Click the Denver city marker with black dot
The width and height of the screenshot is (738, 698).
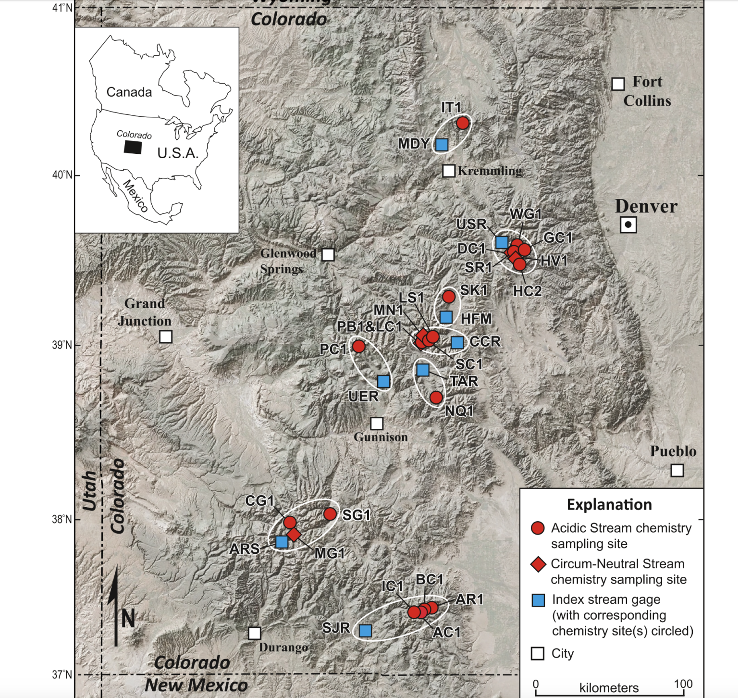tap(628, 224)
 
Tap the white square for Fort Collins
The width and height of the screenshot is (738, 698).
tap(618, 84)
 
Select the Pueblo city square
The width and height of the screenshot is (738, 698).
tap(677, 470)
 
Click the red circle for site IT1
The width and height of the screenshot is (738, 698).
tap(462, 123)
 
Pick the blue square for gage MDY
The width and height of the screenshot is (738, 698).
tap(442, 144)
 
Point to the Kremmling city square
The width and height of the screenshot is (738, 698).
tap(448, 171)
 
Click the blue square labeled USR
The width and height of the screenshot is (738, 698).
tap(502, 242)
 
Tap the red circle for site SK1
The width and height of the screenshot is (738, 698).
tap(448, 297)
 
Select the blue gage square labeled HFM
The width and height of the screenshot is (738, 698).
tap(446, 317)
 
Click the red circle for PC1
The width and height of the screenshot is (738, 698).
tap(358, 346)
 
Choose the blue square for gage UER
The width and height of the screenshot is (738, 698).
tap(383, 381)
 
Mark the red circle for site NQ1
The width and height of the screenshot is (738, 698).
tap(436, 398)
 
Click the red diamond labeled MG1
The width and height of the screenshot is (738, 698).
tap(294, 534)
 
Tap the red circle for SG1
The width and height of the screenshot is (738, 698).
tap(330, 514)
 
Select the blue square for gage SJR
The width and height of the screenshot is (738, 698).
tap(365, 630)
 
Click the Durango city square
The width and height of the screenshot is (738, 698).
tap(254, 633)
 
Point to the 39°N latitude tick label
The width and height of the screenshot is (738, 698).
tap(62, 345)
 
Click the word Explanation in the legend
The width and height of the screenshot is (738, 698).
tap(609, 505)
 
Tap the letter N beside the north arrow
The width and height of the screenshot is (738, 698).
tap(128, 618)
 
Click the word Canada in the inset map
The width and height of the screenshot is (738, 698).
tap(129, 92)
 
